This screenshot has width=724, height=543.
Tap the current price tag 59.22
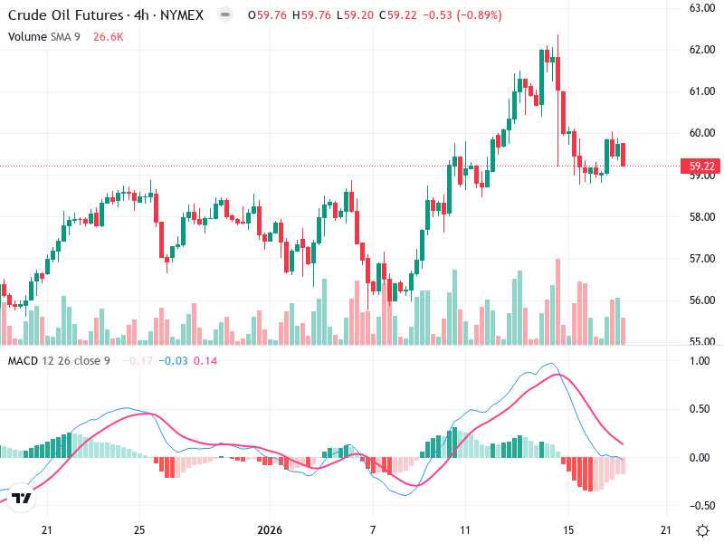[x=702, y=167]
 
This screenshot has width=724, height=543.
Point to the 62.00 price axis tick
[x=702, y=50]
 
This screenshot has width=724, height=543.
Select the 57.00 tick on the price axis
[x=702, y=259]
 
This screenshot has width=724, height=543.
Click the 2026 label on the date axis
[x=271, y=530]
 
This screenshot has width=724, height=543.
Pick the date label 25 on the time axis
[x=138, y=530]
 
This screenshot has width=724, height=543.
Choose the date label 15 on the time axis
[x=567, y=530]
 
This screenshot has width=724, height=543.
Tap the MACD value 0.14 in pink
[x=205, y=361]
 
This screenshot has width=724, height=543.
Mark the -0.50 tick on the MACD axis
[x=700, y=505]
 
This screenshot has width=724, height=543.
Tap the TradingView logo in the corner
[x=23, y=499]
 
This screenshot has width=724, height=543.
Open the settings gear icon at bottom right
[x=702, y=530]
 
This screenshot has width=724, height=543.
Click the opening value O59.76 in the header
[x=250, y=16]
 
